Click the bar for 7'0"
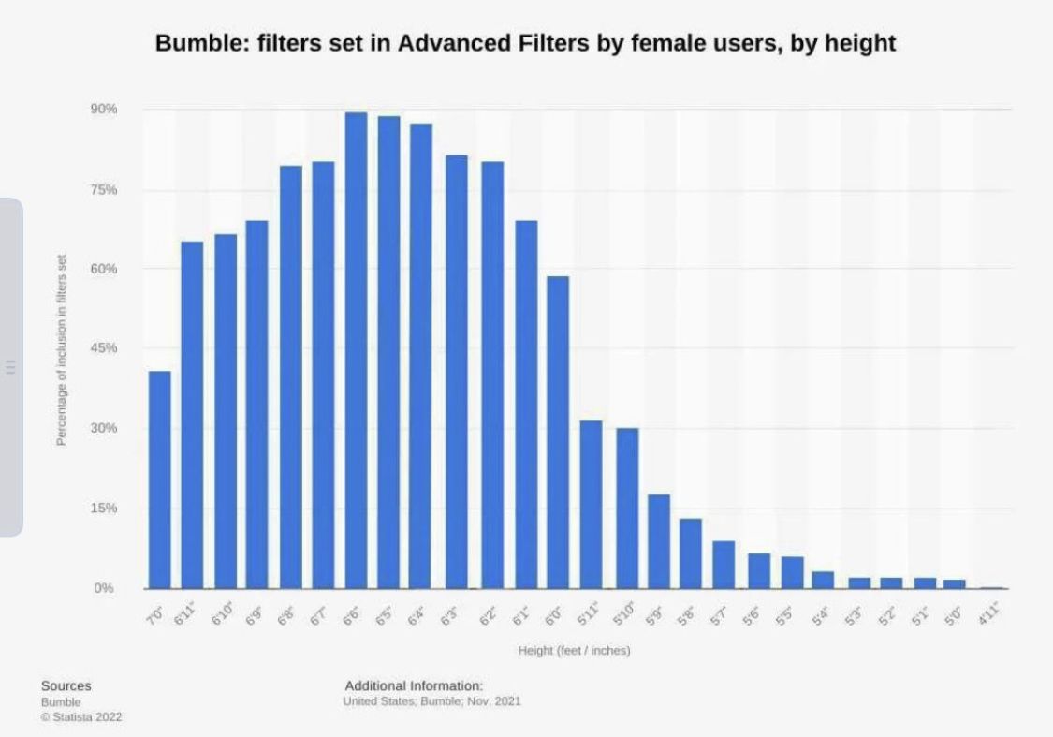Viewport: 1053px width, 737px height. tap(160, 479)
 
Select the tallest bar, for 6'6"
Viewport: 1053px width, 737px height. tap(356, 350)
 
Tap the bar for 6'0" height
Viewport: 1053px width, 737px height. tap(558, 432)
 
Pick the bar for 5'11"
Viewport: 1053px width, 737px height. tap(591, 504)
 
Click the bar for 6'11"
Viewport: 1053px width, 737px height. tap(192, 415)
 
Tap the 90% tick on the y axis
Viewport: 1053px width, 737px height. tap(104, 110)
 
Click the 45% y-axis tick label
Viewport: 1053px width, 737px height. tap(104, 348)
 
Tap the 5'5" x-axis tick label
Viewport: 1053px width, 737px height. tap(788, 616)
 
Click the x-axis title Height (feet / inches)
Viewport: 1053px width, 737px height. tap(574, 651)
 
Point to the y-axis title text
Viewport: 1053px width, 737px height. tap(62, 363)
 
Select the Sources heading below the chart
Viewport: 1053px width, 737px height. tap(66, 686)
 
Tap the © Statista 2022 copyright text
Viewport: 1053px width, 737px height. tap(81, 717)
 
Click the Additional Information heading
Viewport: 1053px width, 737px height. tap(414, 685)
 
